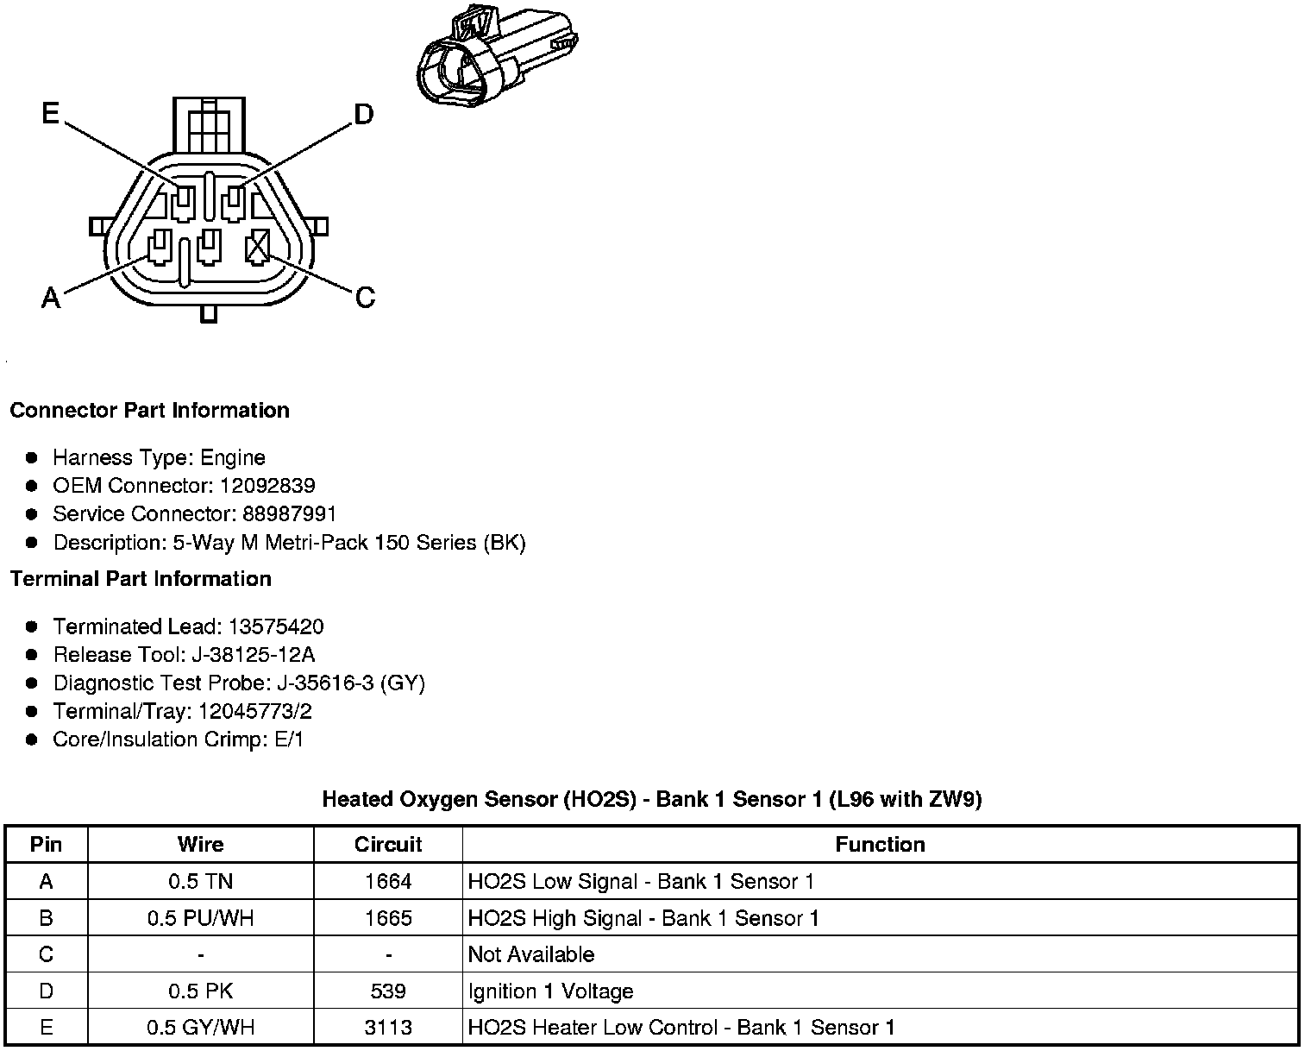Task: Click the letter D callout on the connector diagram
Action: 364,114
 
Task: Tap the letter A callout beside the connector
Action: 51,298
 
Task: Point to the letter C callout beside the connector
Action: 365,298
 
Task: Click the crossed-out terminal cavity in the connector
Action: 257,249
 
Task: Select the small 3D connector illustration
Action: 496,58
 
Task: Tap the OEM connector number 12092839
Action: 267,485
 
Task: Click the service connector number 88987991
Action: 289,513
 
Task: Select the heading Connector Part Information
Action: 149,410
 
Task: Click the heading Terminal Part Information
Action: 141,578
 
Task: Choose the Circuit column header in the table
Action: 388,844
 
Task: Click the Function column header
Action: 880,844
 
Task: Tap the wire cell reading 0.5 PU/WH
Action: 200,918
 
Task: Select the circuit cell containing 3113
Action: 388,1027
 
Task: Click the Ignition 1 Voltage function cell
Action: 550,991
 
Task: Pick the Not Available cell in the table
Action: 530,954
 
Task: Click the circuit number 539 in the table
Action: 388,991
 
